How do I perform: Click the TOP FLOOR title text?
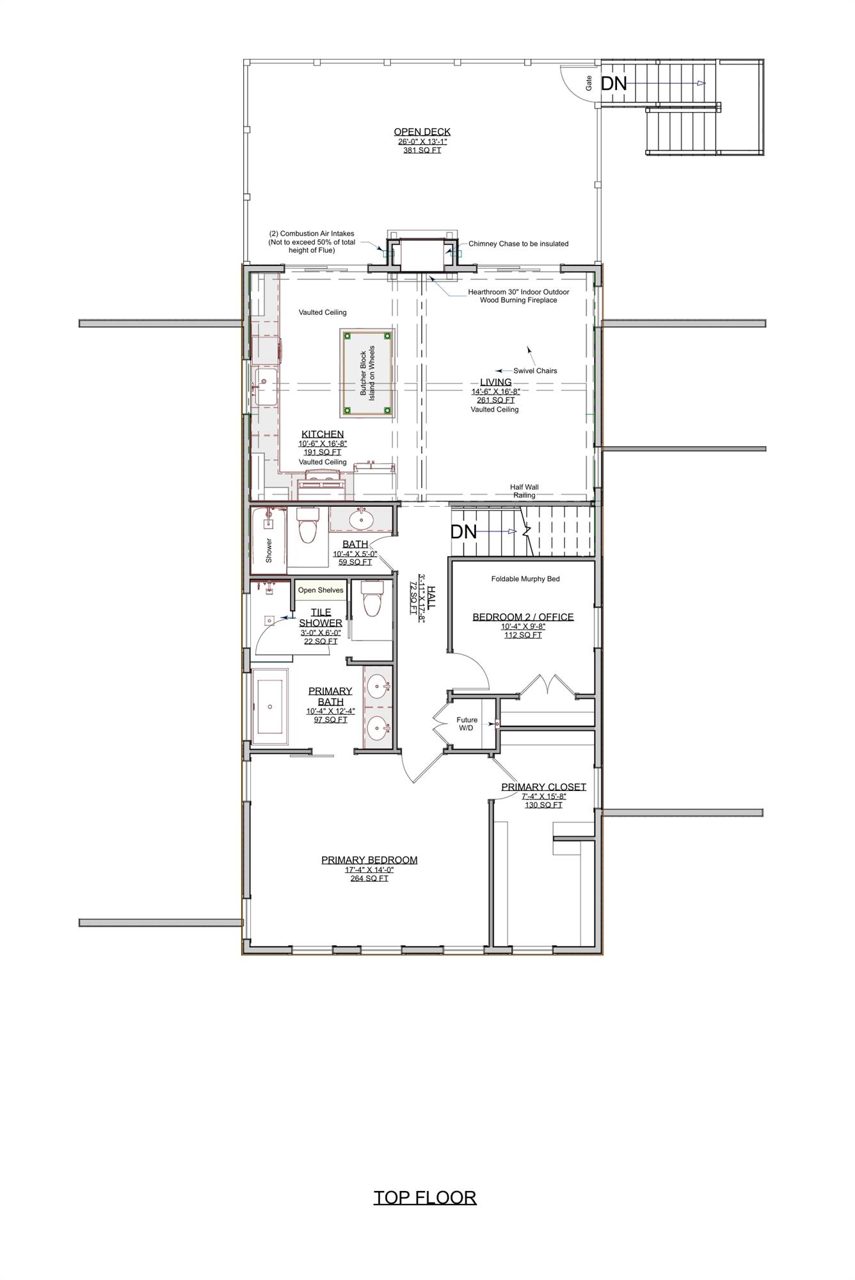(x=425, y=1197)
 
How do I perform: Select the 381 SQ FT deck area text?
(x=422, y=150)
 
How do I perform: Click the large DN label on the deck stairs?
(x=614, y=83)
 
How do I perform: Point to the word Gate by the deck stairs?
(x=589, y=82)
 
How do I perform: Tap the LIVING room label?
(x=496, y=382)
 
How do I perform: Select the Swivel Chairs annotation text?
(x=535, y=371)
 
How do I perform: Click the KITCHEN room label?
(x=323, y=434)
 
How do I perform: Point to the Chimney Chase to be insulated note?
(x=518, y=244)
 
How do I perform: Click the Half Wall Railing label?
(x=524, y=491)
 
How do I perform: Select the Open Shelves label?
(x=321, y=590)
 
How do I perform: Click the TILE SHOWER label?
(x=321, y=617)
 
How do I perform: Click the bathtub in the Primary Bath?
(x=269, y=707)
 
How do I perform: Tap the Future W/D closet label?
(x=467, y=724)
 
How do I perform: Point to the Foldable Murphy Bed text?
(x=525, y=579)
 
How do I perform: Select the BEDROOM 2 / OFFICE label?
(x=523, y=617)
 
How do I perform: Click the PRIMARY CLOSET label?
(x=543, y=787)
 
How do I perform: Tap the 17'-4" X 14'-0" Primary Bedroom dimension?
(x=369, y=870)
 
